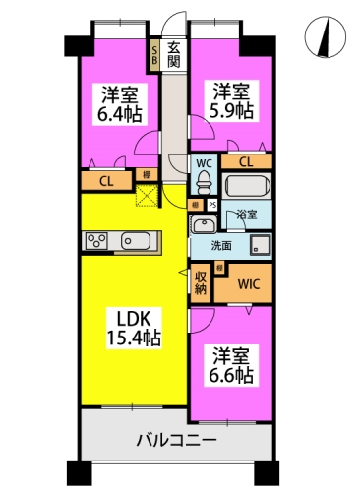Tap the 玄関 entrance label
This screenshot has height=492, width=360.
[173, 53]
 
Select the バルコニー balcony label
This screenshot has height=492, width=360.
[177, 439]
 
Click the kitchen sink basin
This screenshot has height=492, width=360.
[136, 241]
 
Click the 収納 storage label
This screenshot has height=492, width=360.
[200, 282]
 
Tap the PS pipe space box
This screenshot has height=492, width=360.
[212, 205]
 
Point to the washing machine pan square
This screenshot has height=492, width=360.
[261, 244]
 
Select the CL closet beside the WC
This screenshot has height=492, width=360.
[245, 161]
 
